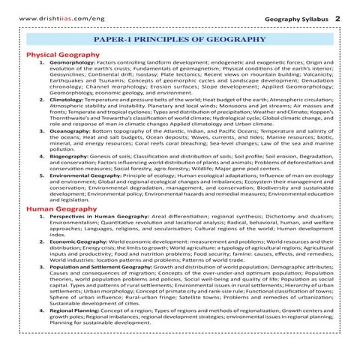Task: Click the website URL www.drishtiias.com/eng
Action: point(53,16)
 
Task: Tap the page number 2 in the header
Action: point(338,16)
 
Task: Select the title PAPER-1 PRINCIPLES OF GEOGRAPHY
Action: point(179,37)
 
